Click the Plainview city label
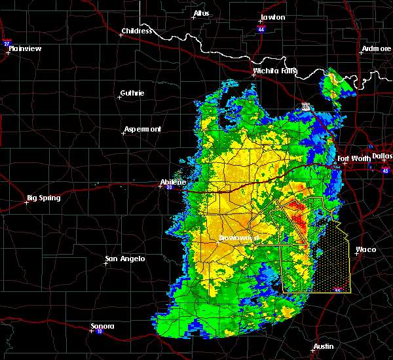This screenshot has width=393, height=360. [x=26, y=48]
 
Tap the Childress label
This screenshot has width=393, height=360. [x=136, y=31]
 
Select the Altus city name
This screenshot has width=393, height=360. [x=201, y=13]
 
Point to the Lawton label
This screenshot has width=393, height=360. [x=272, y=17]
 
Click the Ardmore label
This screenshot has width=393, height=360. [x=377, y=49]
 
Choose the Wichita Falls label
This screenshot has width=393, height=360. [x=275, y=71]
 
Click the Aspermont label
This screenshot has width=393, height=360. [x=142, y=129]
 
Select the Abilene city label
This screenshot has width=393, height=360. [x=174, y=183]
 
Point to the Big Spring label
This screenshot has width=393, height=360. [x=43, y=198]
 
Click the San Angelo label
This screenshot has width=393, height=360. [x=125, y=259]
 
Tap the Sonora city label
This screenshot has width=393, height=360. [x=102, y=326]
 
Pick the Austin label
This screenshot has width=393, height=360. [x=323, y=346]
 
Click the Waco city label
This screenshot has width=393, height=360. [x=365, y=249]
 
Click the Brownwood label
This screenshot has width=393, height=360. [x=239, y=237]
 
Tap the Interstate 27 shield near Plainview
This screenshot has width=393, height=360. [x=7, y=43]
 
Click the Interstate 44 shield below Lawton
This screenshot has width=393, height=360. [x=260, y=30]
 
